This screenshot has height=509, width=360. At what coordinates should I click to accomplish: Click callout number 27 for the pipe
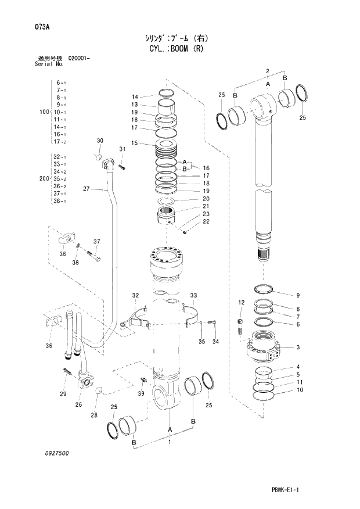click(86, 189)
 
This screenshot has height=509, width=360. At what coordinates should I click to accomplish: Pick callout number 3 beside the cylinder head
click(297, 347)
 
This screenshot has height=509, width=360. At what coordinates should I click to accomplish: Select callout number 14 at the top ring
click(134, 96)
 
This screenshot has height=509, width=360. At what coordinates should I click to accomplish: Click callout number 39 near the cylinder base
click(141, 394)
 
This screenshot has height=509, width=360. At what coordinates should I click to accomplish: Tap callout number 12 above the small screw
click(242, 303)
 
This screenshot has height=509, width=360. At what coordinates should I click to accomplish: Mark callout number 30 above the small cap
click(100, 141)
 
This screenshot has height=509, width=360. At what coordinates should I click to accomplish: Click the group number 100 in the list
click(42, 112)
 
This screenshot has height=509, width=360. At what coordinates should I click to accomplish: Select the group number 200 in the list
click(42, 179)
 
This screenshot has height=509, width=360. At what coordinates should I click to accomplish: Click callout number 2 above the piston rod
click(267, 71)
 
